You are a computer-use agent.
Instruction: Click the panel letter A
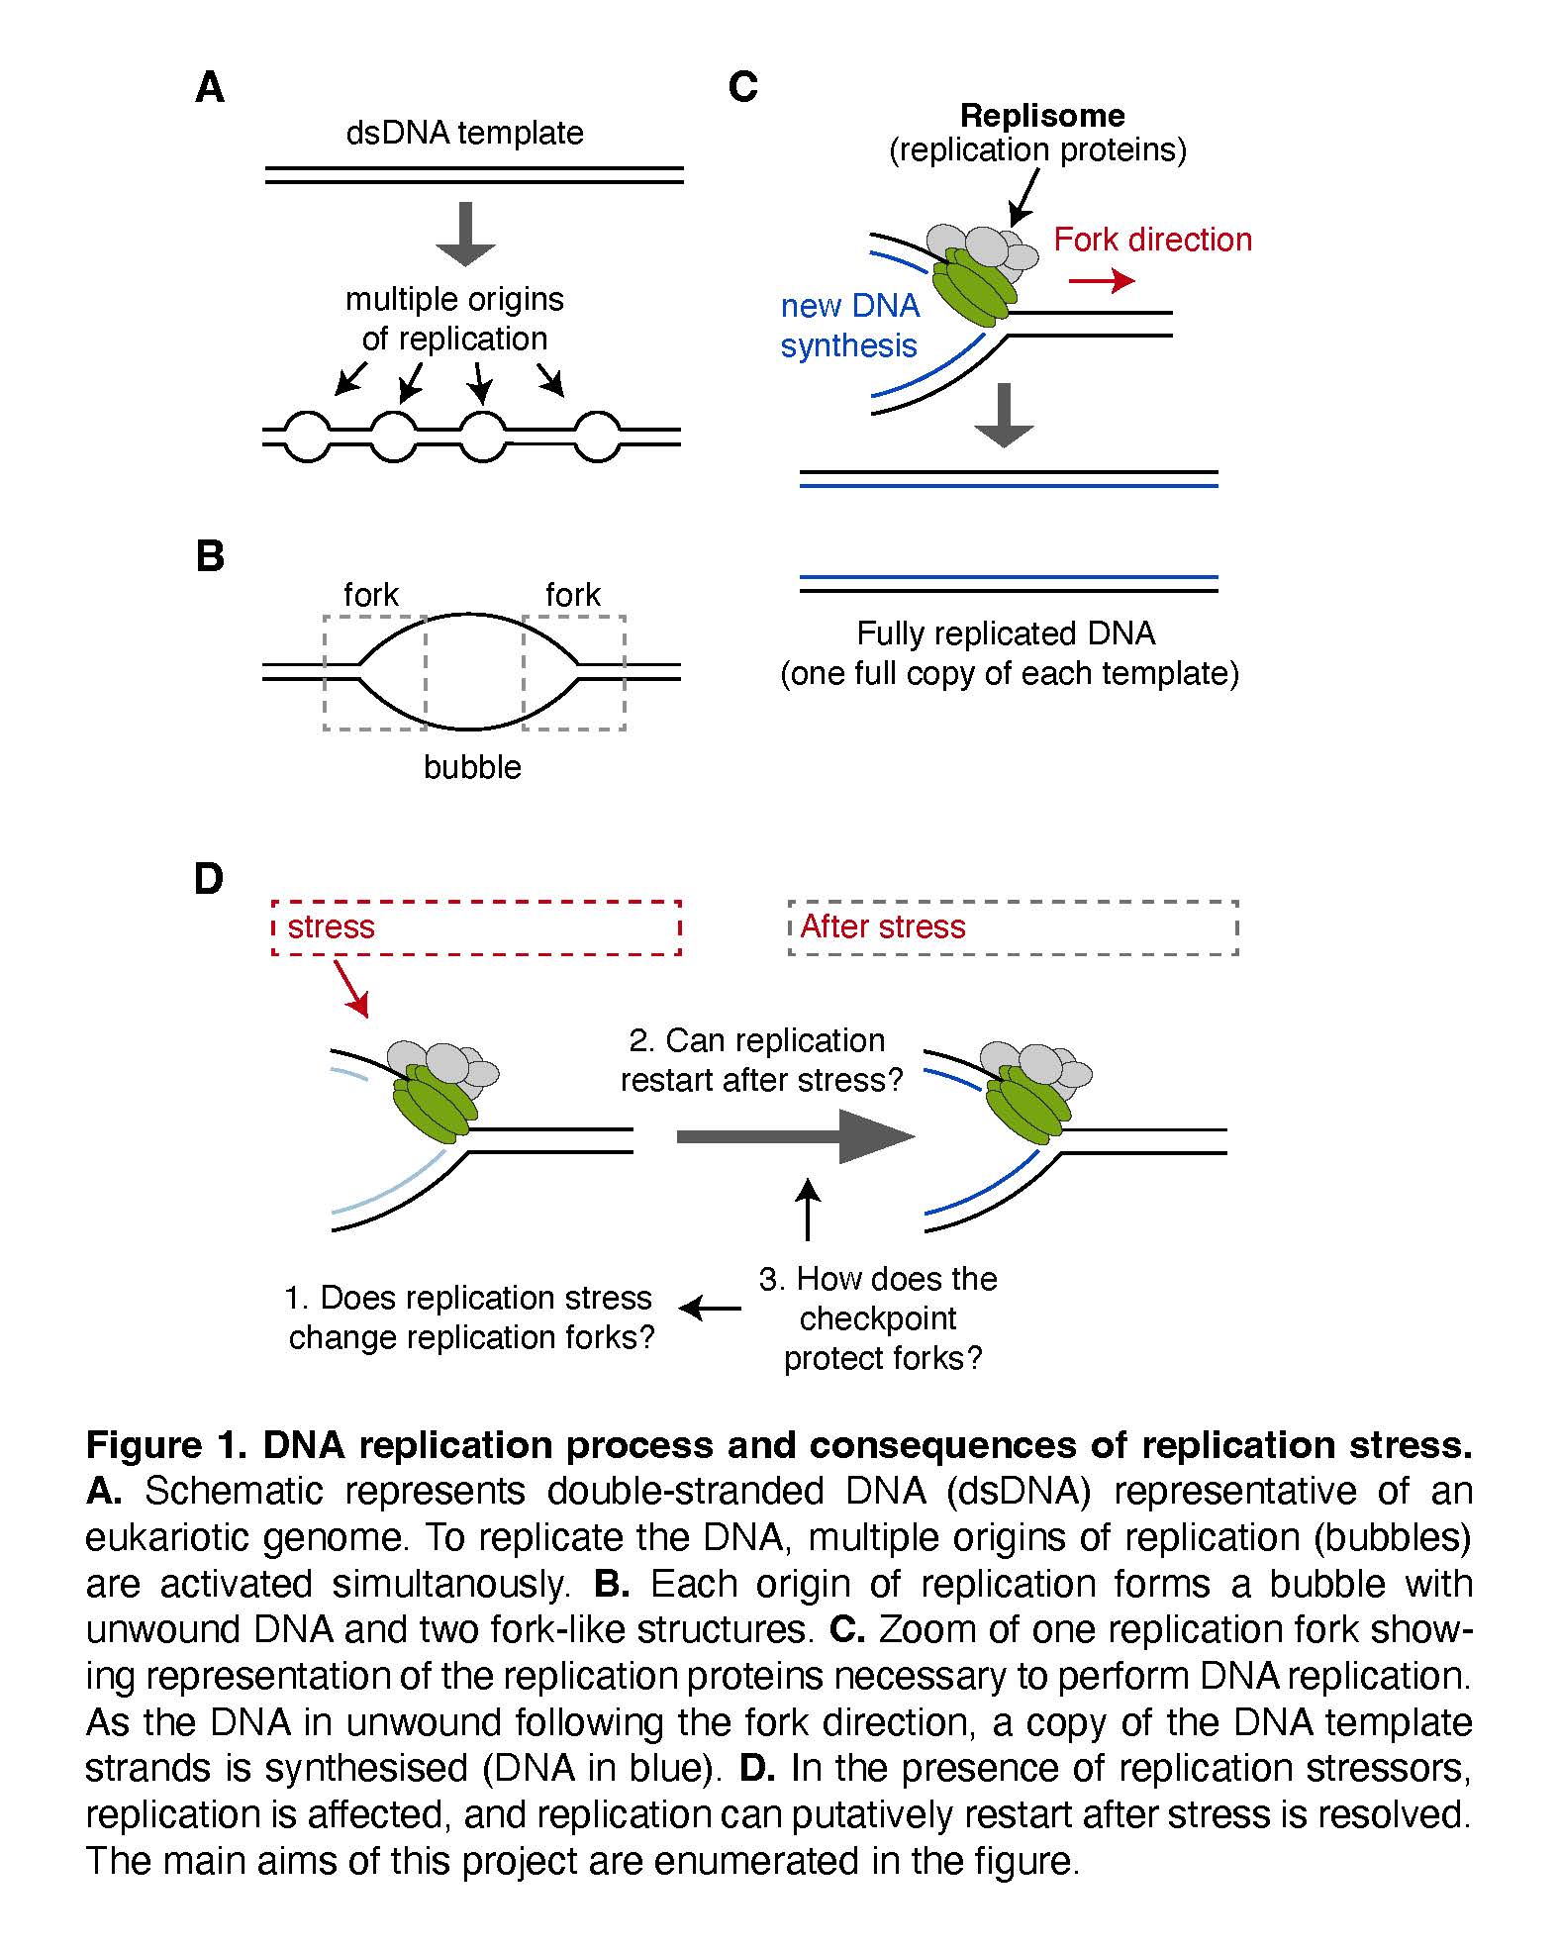(210, 88)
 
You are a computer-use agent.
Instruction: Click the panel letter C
(742, 87)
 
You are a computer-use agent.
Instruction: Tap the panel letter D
(209, 878)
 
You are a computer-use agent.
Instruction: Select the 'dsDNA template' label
(464, 133)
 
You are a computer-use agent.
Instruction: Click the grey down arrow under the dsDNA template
(465, 234)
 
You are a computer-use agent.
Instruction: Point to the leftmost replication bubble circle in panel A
(308, 436)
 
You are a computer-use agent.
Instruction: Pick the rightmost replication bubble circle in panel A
(597, 436)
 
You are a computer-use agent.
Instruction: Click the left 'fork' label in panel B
(371, 595)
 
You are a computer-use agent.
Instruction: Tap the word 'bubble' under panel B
(472, 767)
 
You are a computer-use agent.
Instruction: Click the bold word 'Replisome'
(1042, 116)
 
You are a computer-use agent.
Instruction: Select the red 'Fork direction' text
(1152, 240)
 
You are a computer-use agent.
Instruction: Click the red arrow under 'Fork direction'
(1102, 281)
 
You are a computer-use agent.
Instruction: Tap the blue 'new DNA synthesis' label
(849, 326)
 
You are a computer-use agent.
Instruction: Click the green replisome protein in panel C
(981, 286)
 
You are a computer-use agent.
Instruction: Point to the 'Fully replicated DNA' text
(1006, 633)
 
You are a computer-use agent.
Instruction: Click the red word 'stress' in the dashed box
(331, 926)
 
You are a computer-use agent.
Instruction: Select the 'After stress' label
(882, 926)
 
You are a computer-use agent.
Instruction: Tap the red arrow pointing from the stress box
(350, 987)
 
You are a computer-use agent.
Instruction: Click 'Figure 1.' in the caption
(165, 1445)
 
